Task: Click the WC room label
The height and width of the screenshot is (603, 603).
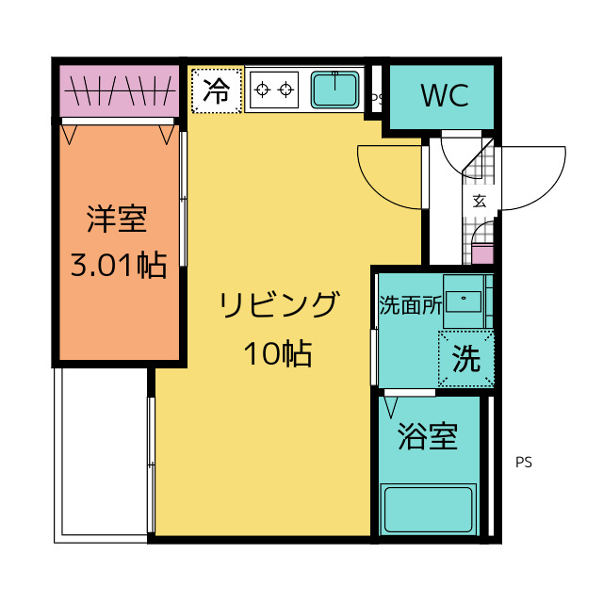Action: click(445, 96)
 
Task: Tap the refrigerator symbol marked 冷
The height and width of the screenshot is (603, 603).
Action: click(217, 90)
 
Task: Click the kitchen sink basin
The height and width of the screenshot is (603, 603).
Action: click(334, 90)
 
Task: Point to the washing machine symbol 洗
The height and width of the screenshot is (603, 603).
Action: click(465, 358)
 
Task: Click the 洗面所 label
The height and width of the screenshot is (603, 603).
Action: click(409, 305)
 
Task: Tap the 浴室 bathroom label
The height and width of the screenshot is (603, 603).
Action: click(428, 437)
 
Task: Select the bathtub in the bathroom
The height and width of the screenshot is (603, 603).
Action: click(432, 509)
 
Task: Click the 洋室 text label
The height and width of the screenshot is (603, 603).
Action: click(117, 219)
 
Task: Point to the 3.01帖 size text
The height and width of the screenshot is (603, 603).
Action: click(119, 265)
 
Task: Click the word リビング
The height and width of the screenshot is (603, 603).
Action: click(278, 306)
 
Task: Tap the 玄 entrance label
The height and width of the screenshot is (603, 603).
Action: click(479, 200)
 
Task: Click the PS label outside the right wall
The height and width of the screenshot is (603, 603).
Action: click(524, 463)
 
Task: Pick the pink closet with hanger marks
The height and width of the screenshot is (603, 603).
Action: click(119, 90)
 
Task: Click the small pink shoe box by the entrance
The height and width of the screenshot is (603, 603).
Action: click(481, 253)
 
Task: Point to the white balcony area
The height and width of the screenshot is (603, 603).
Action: click(102, 452)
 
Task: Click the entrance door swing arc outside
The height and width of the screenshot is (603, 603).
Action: click(532, 179)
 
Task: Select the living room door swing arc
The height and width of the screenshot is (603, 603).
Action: click(388, 174)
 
